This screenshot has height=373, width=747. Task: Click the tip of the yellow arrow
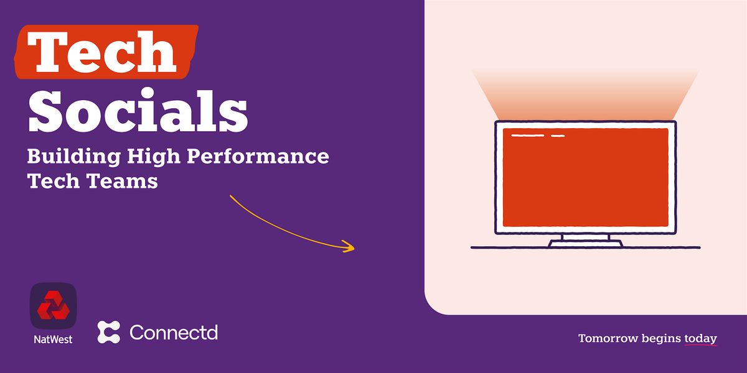pyautogui.click(x=353, y=249)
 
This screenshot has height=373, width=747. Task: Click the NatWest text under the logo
pyautogui.click(x=54, y=339)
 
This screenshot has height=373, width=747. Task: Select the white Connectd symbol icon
pyautogui.click(x=109, y=332)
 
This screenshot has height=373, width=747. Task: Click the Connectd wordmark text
pyautogui.click(x=174, y=332)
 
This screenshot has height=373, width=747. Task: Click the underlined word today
pyautogui.click(x=700, y=339)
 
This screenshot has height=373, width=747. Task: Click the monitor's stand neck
pyautogui.click(x=585, y=237)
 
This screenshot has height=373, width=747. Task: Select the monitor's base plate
pyautogui.click(x=585, y=244)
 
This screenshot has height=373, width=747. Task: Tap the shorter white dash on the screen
pyautogui.click(x=558, y=135)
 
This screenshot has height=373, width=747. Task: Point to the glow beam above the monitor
pyautogui.click(x=585, y=93)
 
